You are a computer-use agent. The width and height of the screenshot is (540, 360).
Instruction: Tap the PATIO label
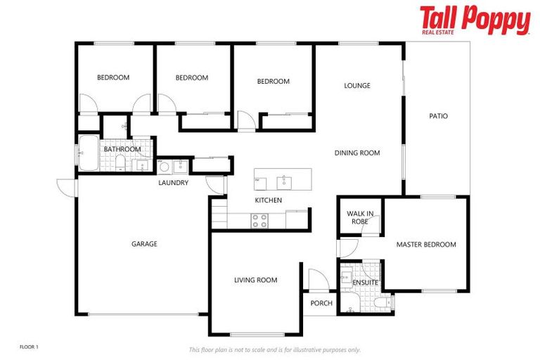click(438, 116)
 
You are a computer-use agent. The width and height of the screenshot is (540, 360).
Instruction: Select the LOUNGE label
click(356, 86)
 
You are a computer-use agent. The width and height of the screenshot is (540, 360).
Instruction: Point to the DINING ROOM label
click(356, 153)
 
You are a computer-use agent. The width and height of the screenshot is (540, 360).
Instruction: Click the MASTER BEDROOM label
click(426, 245)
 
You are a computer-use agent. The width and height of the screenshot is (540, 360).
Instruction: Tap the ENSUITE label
click(365, 283)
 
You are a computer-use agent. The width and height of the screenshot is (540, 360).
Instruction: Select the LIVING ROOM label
click(255, 280)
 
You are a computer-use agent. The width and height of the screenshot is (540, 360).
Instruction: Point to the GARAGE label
click(144, 244)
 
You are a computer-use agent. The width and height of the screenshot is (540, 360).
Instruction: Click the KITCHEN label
click(268, 200)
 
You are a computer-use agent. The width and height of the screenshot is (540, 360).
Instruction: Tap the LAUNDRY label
click(173, 183)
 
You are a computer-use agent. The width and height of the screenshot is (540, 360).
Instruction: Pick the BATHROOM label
click(122, 149)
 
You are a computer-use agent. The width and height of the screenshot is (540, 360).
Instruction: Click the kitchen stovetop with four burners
click(259, 220)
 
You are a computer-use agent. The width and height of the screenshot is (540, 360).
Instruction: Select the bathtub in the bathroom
click(88, 153)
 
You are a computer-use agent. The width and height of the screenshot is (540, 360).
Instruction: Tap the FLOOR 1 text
click(29, 347)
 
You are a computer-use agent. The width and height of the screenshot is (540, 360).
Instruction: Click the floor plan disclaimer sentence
click(274, 349)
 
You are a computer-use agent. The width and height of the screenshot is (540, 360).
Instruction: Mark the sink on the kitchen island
click(284, 182)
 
